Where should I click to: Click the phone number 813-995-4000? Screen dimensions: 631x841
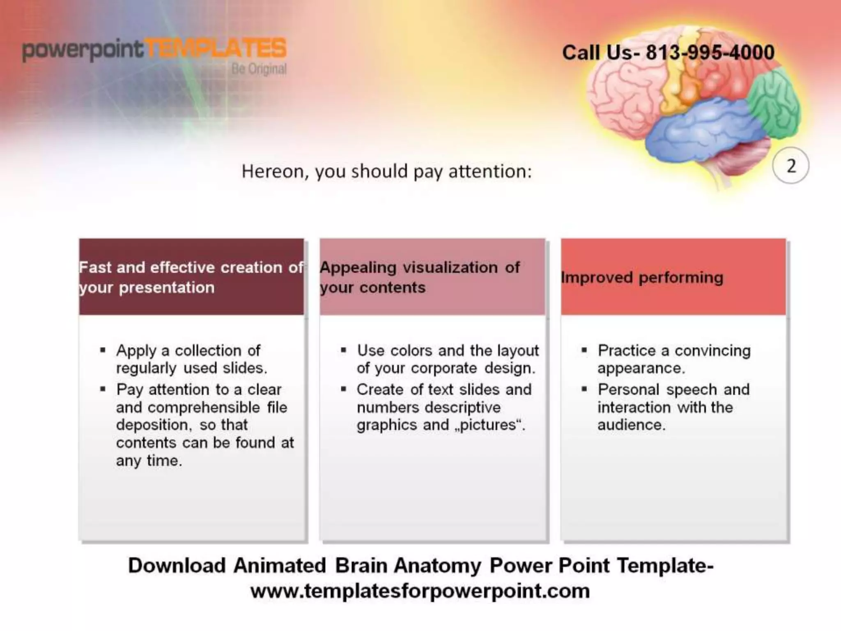point(710,53)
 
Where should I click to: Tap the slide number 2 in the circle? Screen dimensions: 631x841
point(790,166)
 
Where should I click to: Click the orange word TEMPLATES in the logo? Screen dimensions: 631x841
point(216,49)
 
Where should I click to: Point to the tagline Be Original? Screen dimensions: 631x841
point(259,69)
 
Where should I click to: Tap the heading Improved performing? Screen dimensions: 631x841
point(642,278)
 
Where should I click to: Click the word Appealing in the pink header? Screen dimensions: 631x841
point(358,267)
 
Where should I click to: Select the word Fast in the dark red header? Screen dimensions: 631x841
point(95,267)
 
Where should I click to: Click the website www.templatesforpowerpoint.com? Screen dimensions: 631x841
point(420,591)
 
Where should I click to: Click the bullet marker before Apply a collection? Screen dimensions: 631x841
point(103,350)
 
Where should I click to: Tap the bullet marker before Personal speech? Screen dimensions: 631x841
point(584,389)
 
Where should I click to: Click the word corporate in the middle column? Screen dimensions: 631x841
point(443,368)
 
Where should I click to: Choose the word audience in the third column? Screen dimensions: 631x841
point(631,425)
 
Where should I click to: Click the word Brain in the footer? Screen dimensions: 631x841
point(361,566)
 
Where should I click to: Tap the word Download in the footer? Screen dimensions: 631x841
point(177,566)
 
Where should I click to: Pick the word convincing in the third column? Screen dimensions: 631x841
point(712,351)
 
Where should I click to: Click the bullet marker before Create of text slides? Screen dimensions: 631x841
point(344,389)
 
